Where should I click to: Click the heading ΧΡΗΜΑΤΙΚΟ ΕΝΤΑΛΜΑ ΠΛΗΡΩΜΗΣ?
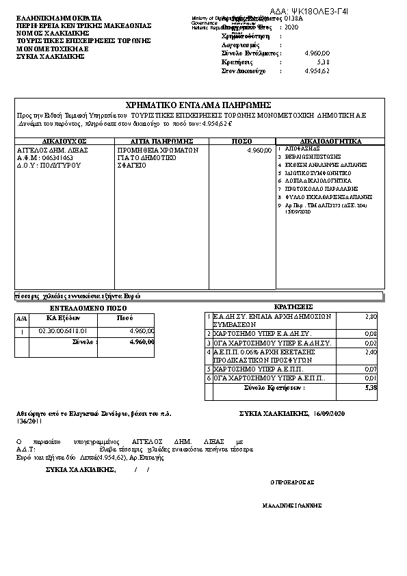click(x=200, y=105)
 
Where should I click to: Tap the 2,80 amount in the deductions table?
click(x=371, y=316)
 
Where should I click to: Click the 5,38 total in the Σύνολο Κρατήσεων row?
click(x=371, y=387)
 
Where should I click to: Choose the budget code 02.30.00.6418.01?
click(x=63, y=331)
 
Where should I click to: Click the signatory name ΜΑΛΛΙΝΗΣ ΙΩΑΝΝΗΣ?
click(x=292, y=506)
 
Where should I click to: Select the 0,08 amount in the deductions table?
click(x=371, y=333)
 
